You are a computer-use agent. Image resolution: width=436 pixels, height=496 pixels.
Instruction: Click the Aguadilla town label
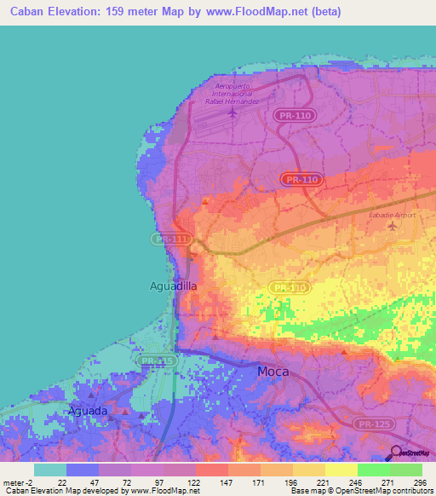pyautogui.click(x=173, y=286)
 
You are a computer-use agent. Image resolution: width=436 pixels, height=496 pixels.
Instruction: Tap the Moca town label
pyautogui.click(x=273, y=372)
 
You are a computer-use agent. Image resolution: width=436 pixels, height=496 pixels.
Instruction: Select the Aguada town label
pyautogui.click(x=88, y=411)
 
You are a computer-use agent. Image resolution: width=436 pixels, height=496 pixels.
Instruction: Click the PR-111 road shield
pyautogui.click(x=170, y=239)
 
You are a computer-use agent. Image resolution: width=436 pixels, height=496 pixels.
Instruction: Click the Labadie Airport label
pyautogui.click(x=392, y=215)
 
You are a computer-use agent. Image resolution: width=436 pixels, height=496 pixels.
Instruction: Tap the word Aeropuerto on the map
pyautogui.click(x=236, y=85)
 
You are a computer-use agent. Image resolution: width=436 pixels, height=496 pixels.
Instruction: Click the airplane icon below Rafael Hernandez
pyautogui.click(x=232, y=112)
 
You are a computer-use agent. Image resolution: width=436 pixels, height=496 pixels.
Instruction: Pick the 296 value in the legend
pyautogui.click(x=420, y=482)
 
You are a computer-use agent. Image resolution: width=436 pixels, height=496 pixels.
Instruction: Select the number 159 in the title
pyautogui.click(x=118, y=12)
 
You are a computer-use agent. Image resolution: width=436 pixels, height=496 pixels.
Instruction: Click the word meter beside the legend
pyautogui.click(x=15, y=482)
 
